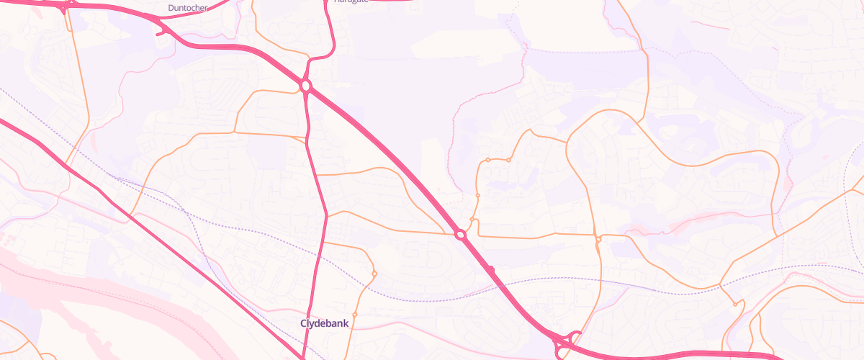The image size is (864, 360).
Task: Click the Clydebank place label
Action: tap(324, 323)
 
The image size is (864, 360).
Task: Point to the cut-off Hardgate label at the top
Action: tap(351, 2)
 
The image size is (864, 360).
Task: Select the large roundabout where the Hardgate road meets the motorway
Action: tap(306, 86)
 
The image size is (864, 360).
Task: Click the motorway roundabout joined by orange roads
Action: tap(461, 235)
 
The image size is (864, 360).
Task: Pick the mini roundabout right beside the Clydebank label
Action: tap(374, 274)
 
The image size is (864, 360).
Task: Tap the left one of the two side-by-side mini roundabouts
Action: tap(487, 160)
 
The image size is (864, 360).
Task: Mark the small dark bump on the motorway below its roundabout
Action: tap(491, 269)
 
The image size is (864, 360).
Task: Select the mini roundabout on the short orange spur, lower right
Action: tap(735, 304)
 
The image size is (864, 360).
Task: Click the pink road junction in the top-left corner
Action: tap(65, 7)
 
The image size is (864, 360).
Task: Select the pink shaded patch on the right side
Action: tap(691, 223)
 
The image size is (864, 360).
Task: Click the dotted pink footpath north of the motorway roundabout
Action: tap(451, 144)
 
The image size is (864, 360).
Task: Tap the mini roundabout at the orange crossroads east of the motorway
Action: tap(598, 238)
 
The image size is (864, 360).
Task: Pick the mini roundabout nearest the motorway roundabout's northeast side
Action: tap(472, 219)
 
